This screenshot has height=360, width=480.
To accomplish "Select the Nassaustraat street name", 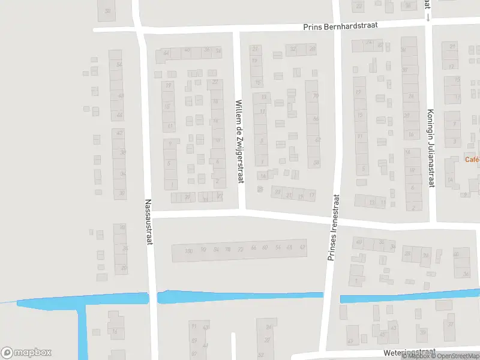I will (x=148, y=222).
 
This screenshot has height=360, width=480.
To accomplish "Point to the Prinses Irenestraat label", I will (x=332, y=227).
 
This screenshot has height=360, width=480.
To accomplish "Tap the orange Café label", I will (x=472, y=160).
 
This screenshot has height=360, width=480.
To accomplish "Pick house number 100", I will (x=189, y=250).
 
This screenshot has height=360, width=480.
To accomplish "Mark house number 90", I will (x=204, y=250).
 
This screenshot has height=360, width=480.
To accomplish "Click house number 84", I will (x=215, y=250).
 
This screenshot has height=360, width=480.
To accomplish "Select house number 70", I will (x=316, y=96).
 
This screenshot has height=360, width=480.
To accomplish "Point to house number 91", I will (x=193, y=326).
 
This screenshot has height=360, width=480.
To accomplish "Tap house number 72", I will (x=241, y=249).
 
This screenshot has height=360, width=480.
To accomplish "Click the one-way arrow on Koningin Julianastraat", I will (x=428, y=17).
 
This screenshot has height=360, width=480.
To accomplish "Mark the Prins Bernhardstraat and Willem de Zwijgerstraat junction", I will (x=237, y=28).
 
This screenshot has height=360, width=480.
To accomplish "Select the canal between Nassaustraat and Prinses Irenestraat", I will (x=240, y=296).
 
